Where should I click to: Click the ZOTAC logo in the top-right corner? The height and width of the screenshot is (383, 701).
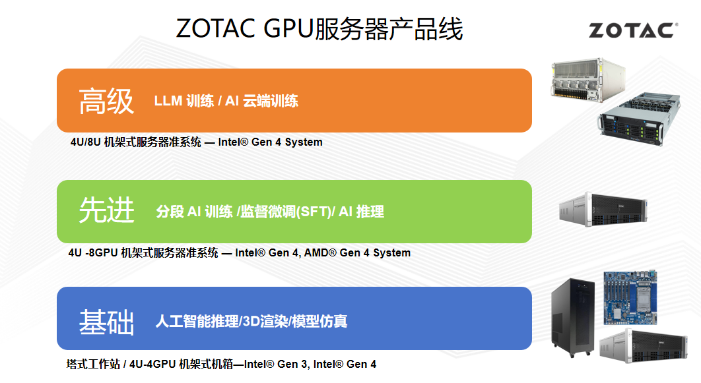tap(633, 30)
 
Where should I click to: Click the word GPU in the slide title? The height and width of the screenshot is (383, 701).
tap(289, 28)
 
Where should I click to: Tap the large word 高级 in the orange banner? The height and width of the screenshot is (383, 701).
tap(106, 101)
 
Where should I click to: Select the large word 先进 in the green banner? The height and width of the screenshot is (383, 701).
tap(106, 210)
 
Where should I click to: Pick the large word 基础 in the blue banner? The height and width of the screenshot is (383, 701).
tap(106, 322)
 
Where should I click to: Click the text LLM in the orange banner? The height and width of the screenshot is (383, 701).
tap(168, 101)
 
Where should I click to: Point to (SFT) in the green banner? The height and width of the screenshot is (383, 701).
tap(315, 211)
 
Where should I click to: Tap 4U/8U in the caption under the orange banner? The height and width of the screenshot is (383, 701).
tap(85, 142)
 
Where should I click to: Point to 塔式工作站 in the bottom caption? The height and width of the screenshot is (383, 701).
tap(93, 365)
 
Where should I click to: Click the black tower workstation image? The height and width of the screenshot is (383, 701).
tap(572, 317)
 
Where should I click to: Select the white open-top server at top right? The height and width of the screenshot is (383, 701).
tap(588, 78)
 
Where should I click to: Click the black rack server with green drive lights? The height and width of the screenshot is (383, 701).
tap(640, 119)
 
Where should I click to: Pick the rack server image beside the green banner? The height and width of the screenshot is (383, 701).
tap(603, 209)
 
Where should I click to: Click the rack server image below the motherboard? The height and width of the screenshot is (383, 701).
tap(644, 345)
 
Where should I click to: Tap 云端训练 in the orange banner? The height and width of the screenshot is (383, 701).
tap(271, 101)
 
